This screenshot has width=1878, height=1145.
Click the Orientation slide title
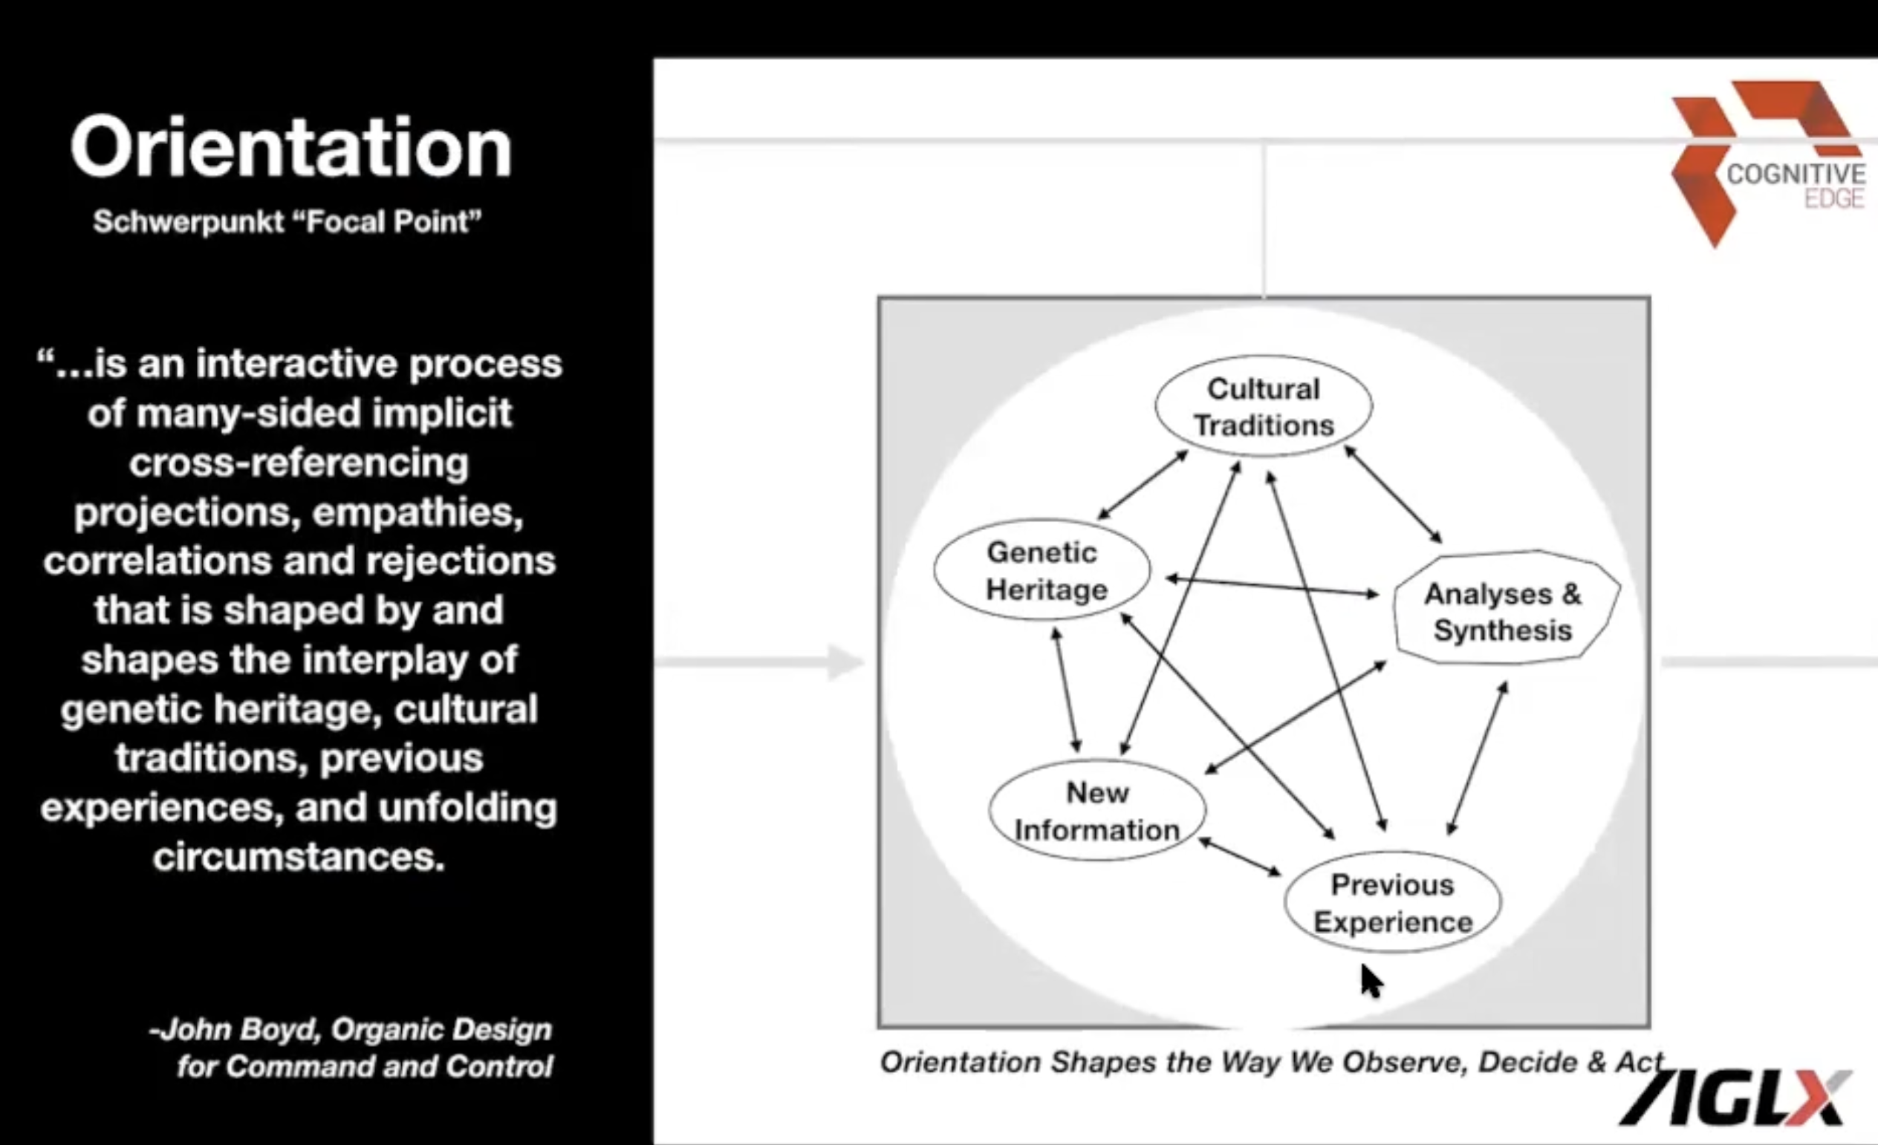(290, 148)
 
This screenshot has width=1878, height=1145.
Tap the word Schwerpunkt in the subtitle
(188, 222)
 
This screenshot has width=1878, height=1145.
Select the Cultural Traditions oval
(1264, 406)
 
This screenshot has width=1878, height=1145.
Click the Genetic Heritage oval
(1043, 570)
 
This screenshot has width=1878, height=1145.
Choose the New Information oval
(1097, 810)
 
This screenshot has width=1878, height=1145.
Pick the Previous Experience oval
(1392, 902)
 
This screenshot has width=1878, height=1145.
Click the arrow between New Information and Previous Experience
(1240, 857)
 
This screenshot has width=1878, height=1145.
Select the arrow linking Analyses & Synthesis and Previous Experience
(1477, 758)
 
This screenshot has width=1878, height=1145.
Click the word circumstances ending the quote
(299, 856)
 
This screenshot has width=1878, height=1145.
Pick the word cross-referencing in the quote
(299, 463)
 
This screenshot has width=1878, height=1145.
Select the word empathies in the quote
(417, 512)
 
